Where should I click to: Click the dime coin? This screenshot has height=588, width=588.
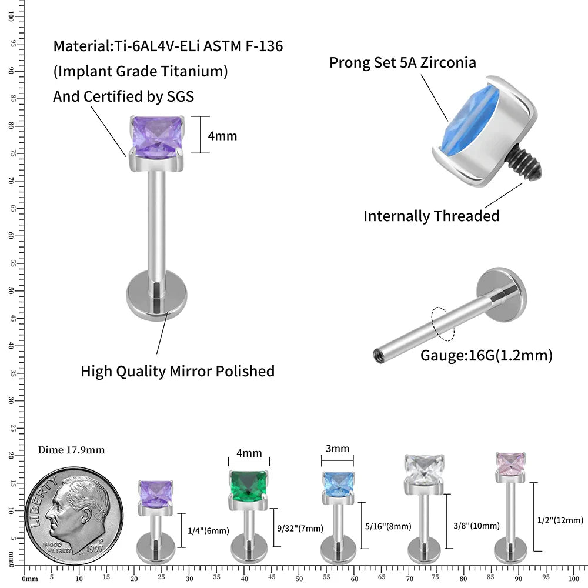pyautogui.click(x=74, y=512)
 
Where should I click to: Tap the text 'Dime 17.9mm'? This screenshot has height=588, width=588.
pyautogui.click(x=71, y=450)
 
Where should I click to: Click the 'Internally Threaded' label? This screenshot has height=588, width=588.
pyautogui.click(x=431, y=216)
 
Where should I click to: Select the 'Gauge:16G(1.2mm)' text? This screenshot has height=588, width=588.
pyautogui.click(x=486, y=355)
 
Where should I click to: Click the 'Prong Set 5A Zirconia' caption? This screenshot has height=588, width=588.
pyautogui.click(x=402, y=62)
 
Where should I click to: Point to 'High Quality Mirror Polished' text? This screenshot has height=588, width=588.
pyautogui.click(x=178, y=371)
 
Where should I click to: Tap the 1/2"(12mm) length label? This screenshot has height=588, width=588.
pyautogui.click(x=560, y=520)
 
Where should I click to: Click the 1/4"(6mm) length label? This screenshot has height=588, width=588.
pyautogui.click(x=208, y=531)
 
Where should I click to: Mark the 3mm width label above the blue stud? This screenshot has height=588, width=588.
pyautogui.click(x=338, y=449)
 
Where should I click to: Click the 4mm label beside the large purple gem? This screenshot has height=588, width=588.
pyautogui.click(x=222, y=136)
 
